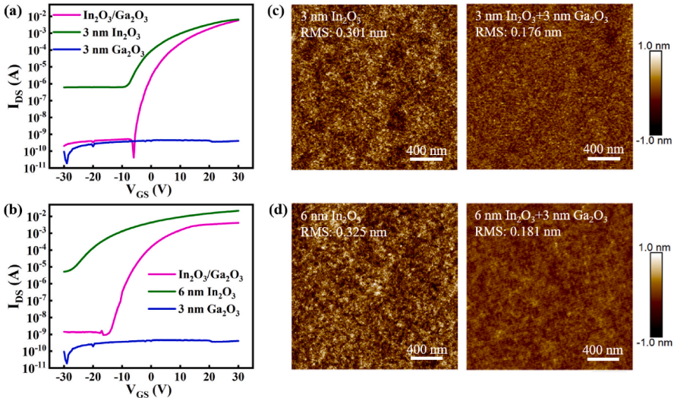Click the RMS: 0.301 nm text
pos(341,33)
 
